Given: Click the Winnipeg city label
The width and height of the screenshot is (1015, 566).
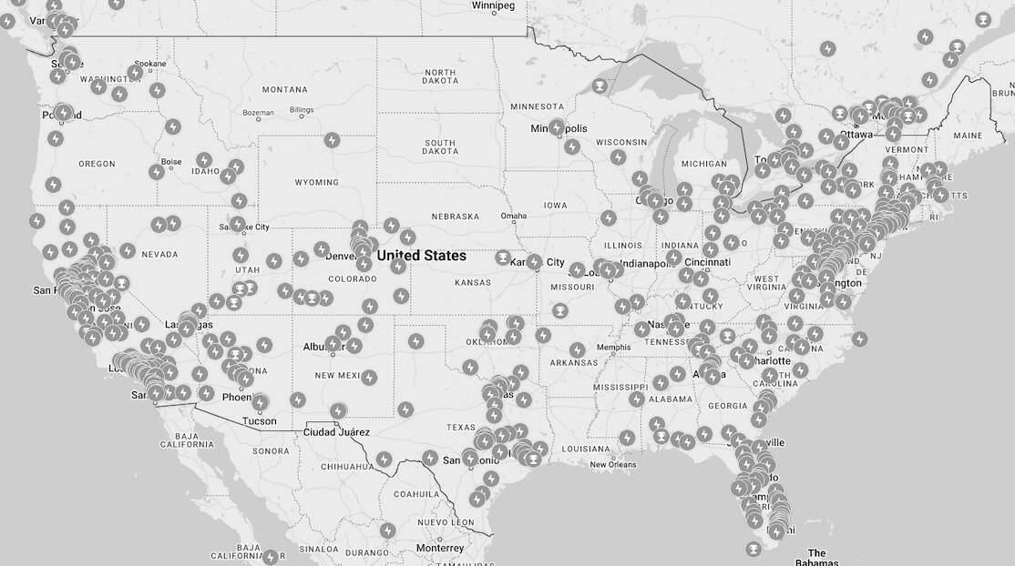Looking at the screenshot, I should [493, 5].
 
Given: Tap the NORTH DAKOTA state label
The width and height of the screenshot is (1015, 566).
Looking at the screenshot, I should [440, 76].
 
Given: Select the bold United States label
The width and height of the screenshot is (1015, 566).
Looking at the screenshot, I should [422, 256].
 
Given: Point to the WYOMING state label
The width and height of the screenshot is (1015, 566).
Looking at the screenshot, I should [316, 182].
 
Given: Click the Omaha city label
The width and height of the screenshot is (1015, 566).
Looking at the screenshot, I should [514, 217].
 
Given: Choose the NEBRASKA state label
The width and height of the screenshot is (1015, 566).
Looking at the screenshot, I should [456, 217].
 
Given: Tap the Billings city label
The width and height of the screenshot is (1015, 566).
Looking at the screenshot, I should [302, 111].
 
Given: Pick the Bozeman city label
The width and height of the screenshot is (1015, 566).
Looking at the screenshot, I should [259, 113].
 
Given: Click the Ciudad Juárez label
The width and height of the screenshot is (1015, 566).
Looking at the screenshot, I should [336, 431].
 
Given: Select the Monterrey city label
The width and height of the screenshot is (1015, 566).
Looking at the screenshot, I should [440, 549].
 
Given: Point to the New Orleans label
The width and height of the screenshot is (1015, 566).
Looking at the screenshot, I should [612, 465].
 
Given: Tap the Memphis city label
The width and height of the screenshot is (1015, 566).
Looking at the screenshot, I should [613, 348].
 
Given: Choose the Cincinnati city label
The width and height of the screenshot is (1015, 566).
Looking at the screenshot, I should [706, 262].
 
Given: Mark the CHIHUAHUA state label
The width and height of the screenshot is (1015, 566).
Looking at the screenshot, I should [346, 467].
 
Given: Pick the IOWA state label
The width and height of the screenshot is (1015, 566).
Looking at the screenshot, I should [554, 205].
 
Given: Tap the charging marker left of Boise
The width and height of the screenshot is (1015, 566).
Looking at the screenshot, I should [157, 172].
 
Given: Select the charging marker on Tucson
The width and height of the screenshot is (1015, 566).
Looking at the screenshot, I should [261, 402].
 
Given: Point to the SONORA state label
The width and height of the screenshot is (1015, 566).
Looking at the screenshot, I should [271, 451].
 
